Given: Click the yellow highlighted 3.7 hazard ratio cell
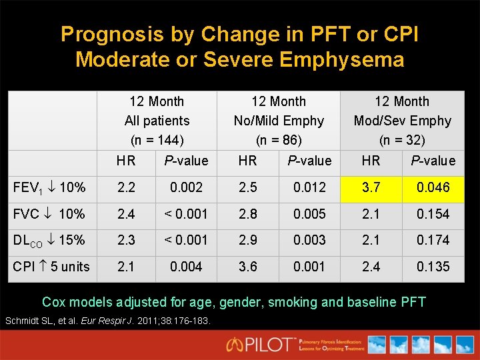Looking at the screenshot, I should coord(371,187).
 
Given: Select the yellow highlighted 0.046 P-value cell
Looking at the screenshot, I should coord(433,187).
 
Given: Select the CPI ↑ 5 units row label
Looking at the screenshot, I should coord(51,267).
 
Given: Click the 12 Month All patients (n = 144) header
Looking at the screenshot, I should coord(157,121).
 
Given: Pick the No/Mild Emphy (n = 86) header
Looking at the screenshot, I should coord(279,121).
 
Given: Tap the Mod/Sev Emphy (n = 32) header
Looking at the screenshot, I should coord(402,121).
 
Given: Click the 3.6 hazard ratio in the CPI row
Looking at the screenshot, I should coord(247,267).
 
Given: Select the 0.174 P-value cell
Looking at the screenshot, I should coord(433,240).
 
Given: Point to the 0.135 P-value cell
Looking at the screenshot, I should coord(433,267).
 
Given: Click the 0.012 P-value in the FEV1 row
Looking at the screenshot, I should coord(309,187).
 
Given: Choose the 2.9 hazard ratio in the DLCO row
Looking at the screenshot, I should coord(247,240).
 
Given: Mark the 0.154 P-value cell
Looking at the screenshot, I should coord(433,214).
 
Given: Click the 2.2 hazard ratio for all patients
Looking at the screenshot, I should coord(125,187).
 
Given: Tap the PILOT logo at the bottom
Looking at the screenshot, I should coord(261,344).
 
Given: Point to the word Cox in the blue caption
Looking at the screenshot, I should coord(55,302).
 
